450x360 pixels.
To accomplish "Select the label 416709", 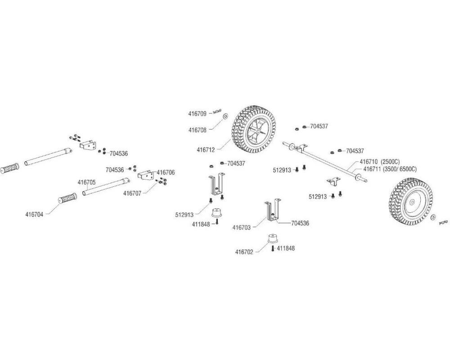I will [x=198, y=114].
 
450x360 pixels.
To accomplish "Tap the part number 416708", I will [x=198, y=130].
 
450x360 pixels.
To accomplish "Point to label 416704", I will [x=34, y=215].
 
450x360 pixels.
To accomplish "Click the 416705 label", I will [x=86, y=182].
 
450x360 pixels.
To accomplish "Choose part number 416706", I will [x=166, y=172].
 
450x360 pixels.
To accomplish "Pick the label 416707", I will [x=133, y=193].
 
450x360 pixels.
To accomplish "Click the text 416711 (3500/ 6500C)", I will [x=390, y=169].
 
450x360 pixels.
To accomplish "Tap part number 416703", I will [x=242, y=228].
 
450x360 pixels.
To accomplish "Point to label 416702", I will [x=244, y=252].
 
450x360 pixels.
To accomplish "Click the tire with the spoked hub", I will [x=255, y=129].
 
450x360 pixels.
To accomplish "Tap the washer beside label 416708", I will [x=225, y=116].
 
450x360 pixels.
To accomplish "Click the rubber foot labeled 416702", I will [x=272, y=238].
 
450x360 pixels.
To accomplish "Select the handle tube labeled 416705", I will [x=106, y=187].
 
